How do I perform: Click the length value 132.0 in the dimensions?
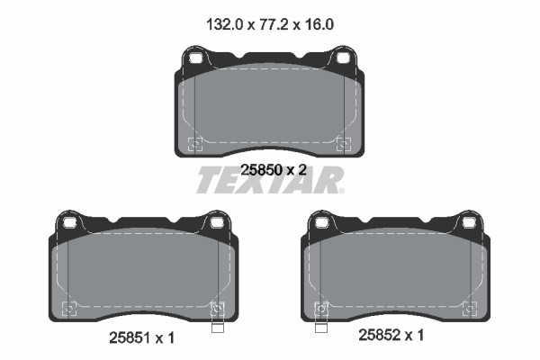224,25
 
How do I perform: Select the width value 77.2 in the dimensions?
273,25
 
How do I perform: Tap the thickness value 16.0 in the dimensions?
319,25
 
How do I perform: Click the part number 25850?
261,170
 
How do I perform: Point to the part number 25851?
130,338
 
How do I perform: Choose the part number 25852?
380,335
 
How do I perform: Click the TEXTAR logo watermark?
270,180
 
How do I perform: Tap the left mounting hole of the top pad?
195,58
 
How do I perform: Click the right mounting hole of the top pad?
343,58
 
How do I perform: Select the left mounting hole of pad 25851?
69,222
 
